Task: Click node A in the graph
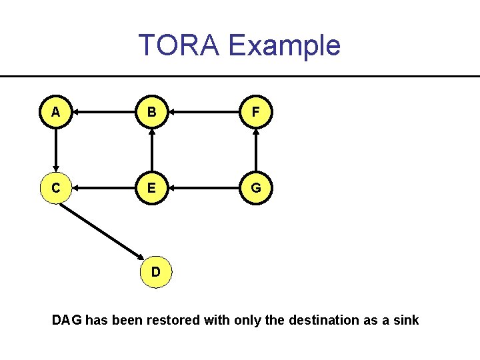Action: (x=56, y=113)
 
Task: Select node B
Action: (x=153, y=113)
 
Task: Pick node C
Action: (x=56, y=189)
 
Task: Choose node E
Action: (x=153, y=189)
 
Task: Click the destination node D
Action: (x=155, y=272)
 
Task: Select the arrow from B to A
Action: (x=104, y=113)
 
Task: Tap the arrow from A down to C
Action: (x=56, y=151)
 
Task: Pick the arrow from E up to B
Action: (x=153, y=151)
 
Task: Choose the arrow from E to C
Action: (x=104, y=189)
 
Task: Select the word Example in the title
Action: (x=284, y=45)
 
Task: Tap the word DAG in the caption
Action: (x=67, y=320)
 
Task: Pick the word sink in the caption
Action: (x=406, y=320)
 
